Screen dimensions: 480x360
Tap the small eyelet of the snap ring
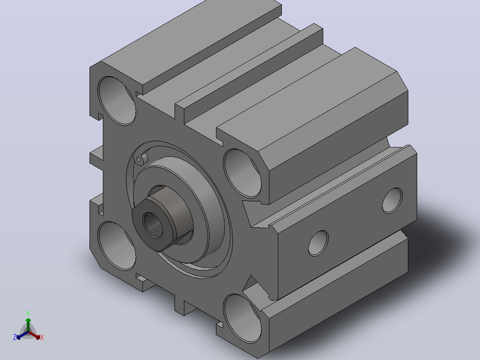tap(139, 160)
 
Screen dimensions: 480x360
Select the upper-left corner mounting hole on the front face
tap(117, 101)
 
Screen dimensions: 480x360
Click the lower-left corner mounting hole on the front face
tap(117, 246)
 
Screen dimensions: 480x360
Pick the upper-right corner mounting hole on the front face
tap(242, 173)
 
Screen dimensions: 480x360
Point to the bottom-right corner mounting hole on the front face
tap(242, 319)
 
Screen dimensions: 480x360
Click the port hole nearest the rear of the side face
tap(392, 200)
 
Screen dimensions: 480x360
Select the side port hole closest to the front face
tap(318, 243)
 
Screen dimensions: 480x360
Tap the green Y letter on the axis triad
tap(28, 313)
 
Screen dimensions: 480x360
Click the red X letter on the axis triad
tap(42, 337)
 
